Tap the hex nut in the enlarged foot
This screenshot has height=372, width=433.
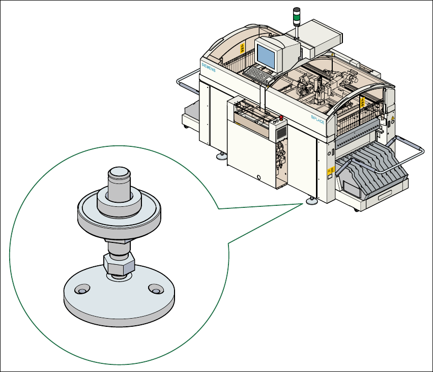[x=119, y=263]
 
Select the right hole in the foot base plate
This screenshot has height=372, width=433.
[x=155, y=289]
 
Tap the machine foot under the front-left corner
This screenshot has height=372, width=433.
[x=222, y=157]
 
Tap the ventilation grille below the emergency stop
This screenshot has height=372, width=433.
[x=281, y=133]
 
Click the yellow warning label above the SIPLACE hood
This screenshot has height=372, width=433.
[x=362, y=103]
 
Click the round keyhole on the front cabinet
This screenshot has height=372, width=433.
[x=259, y=177]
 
